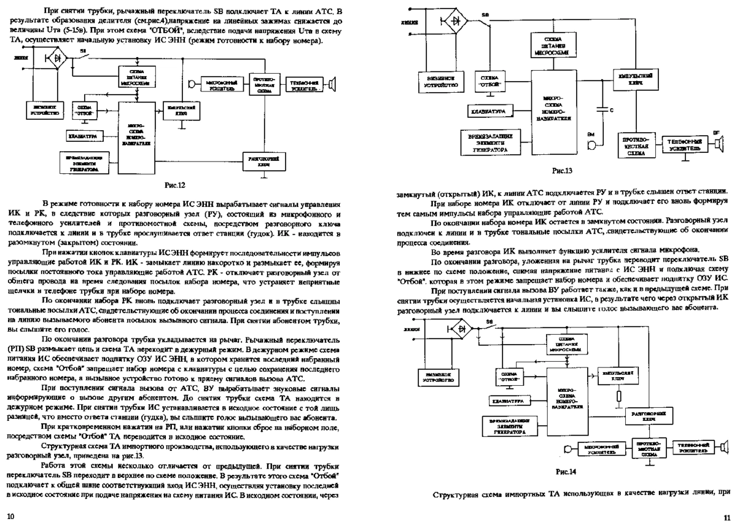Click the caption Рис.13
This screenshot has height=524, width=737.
pyautogui.click(x=563, y=170)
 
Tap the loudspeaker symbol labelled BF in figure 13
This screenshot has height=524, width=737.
pyautogui.click(x=719, y=144)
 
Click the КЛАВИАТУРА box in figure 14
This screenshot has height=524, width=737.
pyautogui.click(x=510, y=401)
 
